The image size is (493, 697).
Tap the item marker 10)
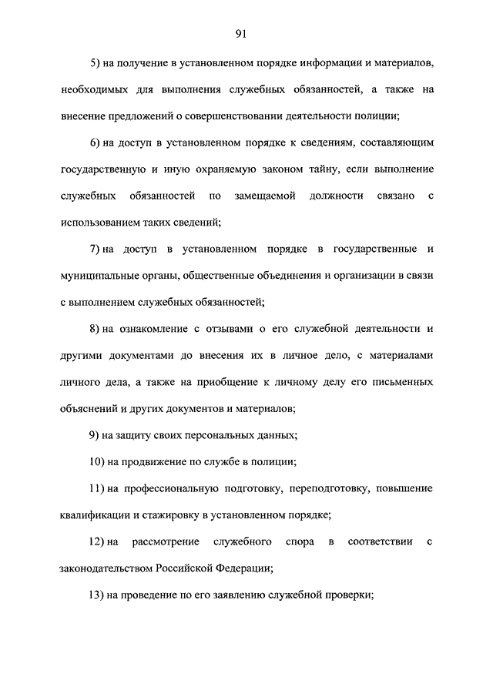(x=99, y=463)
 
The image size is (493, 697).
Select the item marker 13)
(x=99, y=596)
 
